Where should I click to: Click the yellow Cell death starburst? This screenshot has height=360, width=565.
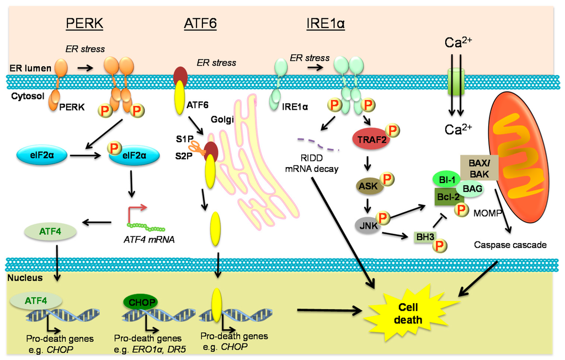[411, 313]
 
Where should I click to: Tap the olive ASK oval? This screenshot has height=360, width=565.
[368, 186]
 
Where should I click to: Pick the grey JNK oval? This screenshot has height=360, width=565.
[365, 225]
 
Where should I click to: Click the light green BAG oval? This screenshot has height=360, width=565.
[472, 189]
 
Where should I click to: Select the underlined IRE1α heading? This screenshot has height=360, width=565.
[326, 23]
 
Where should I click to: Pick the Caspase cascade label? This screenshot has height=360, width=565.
[510, 244]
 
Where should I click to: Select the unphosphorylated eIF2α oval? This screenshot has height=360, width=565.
[42, 156]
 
